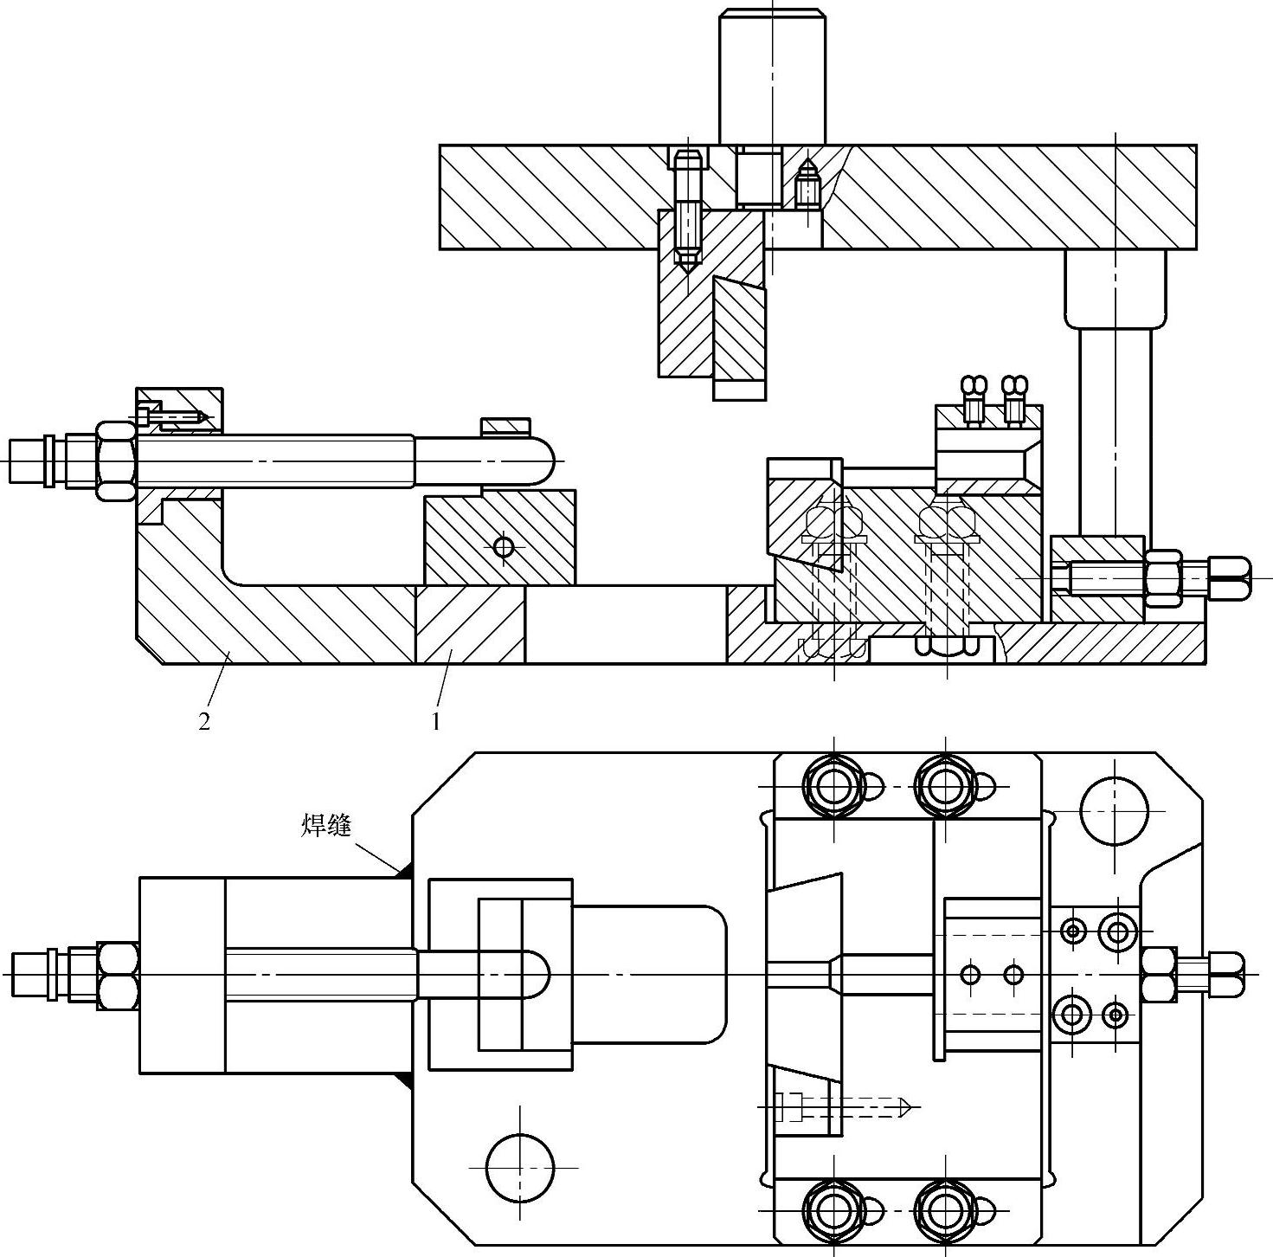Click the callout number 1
click(x=435, y=722)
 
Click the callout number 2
click(x=204, y=722)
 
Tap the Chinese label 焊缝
click(x=326, y=825)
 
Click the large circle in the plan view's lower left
click(x=520, y=1168)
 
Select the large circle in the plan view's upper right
click(x=1114, y=811)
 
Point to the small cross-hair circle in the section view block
click(x=504, y=546)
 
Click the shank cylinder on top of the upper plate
click(x=772, y=76)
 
